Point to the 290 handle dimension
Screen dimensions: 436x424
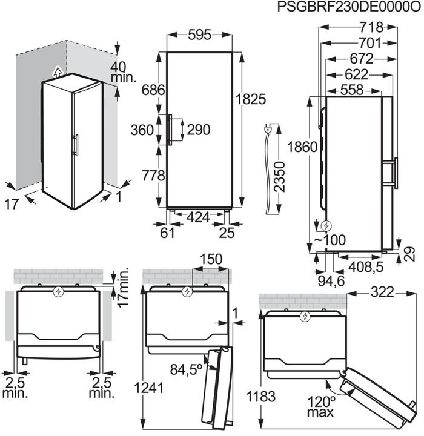point(199,130)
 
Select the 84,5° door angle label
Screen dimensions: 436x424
point(186,368)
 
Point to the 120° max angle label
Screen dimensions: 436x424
point(319,406)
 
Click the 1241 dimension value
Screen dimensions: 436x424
point(150,388)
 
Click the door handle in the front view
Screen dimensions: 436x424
point(171,130)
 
